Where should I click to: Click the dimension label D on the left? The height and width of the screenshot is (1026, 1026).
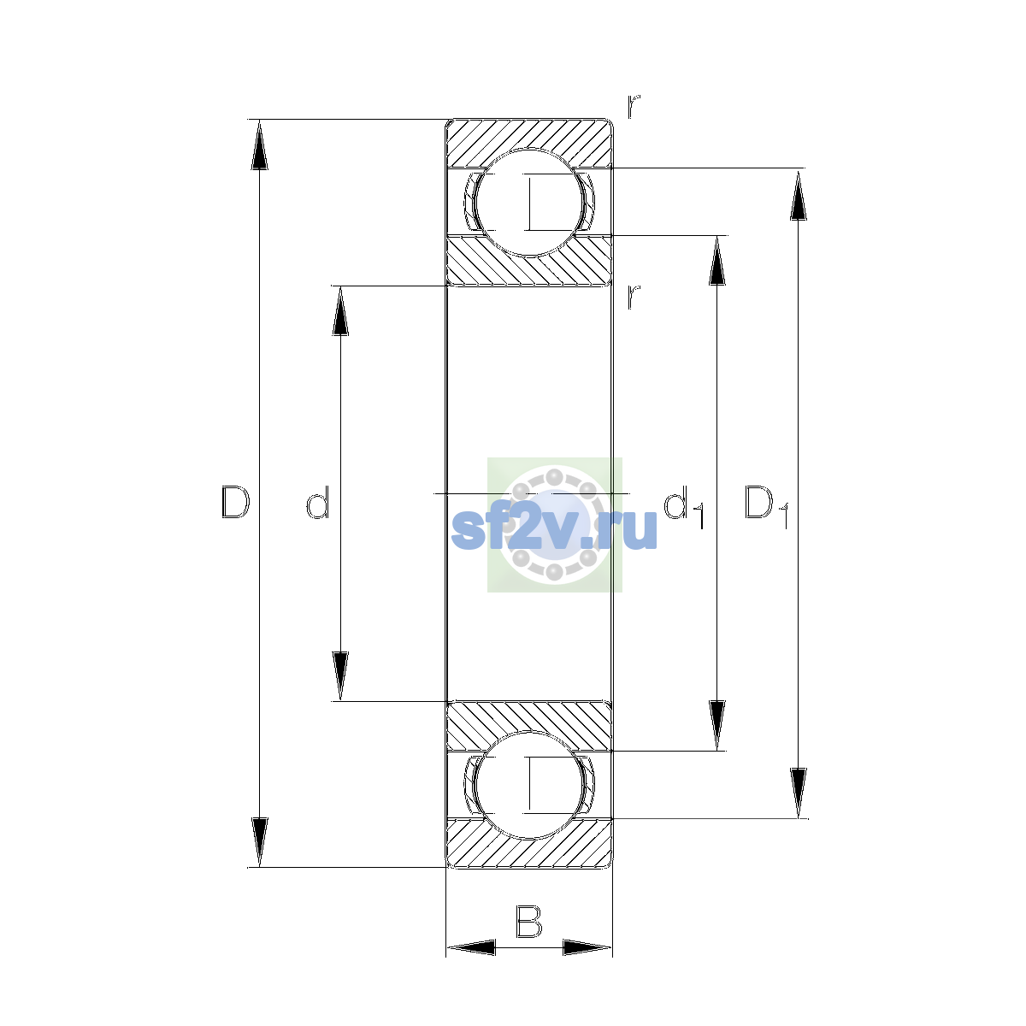(235, 502)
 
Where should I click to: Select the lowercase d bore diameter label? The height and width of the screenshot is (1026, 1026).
(318, 502)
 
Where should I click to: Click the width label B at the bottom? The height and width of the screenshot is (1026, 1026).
(528, 922)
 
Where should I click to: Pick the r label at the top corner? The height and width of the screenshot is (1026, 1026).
(634, 107)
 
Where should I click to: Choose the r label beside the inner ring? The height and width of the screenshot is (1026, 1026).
(634, 297)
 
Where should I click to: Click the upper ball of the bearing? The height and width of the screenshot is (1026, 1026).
(529, 203)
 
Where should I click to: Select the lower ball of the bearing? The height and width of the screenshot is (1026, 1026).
(529, 785)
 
